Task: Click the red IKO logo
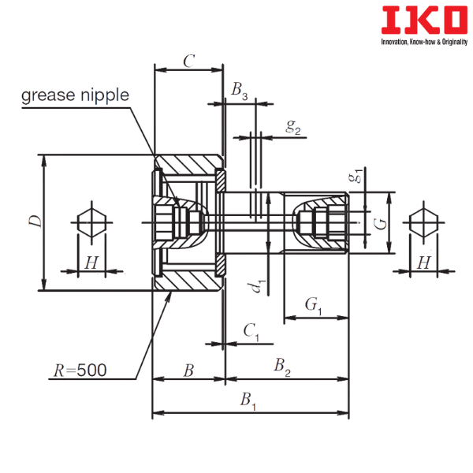[x=424, y=20]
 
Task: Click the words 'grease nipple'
[x=75, y=95]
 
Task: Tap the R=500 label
[x=80, y=371]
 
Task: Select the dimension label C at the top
[x=189, y=61]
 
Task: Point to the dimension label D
[x=35, y=222]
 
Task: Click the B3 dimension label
[x=240, y=91]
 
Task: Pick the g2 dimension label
[x=293, y=127]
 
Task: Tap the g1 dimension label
[x=355, y=175]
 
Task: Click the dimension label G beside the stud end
[x=380, y=224]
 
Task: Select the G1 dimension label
[x=314, y=306]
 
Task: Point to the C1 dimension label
[x=251, y=332]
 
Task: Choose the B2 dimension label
[x=282, y=367]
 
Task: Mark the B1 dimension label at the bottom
[x=248, y=401]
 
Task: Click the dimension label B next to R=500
[x=188, y=371]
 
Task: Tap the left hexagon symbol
[x=91, y=222]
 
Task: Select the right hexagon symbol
[x=424, y=222]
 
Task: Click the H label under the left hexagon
[x=91, y=263]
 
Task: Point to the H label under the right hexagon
[x=424, y=263]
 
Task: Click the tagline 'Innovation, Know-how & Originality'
[x=424, y=42]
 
